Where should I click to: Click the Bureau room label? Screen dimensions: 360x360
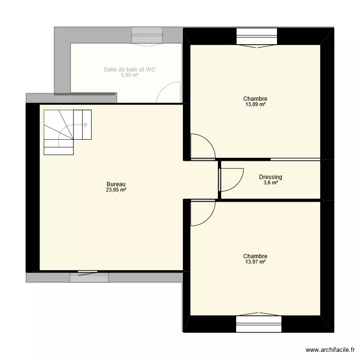(116, 184)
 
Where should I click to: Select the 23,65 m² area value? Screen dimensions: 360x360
(116, 190)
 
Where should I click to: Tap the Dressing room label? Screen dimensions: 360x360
(270, 177)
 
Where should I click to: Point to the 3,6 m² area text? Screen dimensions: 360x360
(270, 183)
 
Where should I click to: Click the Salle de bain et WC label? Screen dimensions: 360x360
(129, 70)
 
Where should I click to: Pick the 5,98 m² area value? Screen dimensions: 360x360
(129, 75)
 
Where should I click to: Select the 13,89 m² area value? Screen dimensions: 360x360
(255, 105)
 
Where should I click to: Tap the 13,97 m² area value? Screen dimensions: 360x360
(255, 262)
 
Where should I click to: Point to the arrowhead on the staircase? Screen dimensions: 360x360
(86, 125)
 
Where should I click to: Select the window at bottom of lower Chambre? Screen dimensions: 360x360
(257, 324)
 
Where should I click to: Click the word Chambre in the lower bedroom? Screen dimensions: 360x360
(255, 256)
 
